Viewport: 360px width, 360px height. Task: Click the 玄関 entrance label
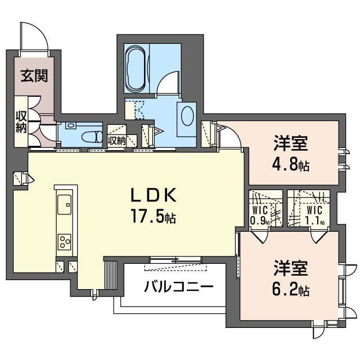(34, 76)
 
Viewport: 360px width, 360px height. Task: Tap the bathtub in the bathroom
(136, 69)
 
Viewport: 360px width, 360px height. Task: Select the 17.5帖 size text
(154, 217)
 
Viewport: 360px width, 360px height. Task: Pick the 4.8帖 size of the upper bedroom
(291, 166)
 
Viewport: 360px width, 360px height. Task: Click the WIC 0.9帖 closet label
(259, 216)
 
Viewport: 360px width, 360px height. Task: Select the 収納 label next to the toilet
(116, 140)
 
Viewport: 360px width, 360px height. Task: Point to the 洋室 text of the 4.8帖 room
(291, 144)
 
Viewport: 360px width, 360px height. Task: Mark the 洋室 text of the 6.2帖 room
(291, 268)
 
